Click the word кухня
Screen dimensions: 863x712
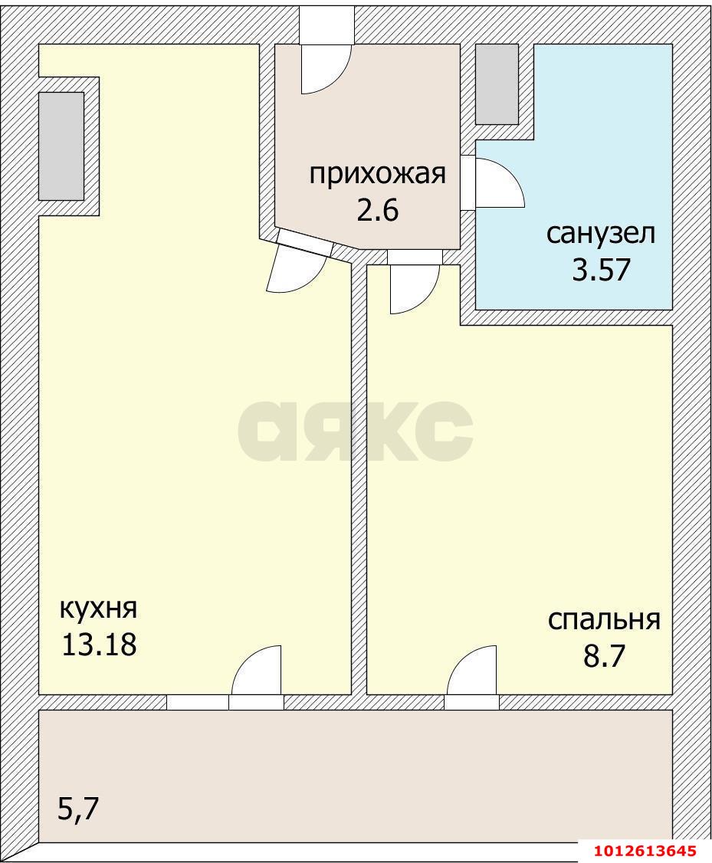98,609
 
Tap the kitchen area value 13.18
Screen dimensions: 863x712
99,645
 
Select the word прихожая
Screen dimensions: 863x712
377,174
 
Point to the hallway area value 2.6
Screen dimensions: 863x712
377,209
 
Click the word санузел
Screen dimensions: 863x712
601,233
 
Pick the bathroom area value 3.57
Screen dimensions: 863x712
601,269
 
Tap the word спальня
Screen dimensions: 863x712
604,619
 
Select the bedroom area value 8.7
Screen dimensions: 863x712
604,656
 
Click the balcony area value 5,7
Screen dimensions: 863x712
80,809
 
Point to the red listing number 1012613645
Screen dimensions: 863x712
644,851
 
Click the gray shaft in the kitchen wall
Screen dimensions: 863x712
61,146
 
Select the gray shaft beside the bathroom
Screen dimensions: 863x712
497,84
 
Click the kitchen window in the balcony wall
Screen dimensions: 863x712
197,702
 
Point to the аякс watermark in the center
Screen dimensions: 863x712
355,431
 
